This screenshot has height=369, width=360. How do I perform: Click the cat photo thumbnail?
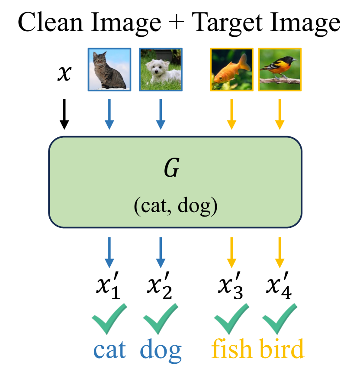109,69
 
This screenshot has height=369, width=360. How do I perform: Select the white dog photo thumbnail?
161,69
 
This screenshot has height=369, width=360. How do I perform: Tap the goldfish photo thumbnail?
231,69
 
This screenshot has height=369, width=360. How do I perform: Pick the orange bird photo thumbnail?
280,69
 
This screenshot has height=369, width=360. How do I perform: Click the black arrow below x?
64,113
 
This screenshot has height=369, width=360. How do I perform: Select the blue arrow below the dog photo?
161,113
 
